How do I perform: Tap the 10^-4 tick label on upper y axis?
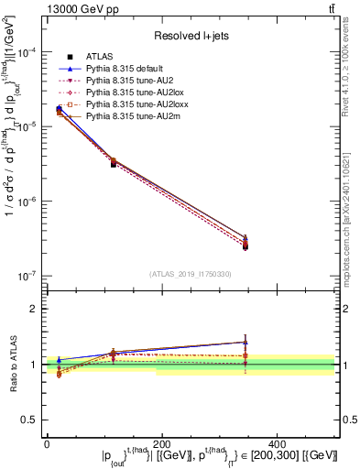(26, 53)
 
